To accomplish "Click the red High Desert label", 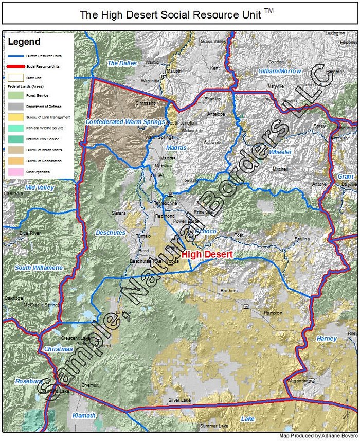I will coord(207,254).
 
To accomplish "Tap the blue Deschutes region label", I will coord(110,233).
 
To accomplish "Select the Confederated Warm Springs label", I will coord(125,122).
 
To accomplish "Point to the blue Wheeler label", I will coord(280,152).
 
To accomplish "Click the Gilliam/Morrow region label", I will coord(280,70).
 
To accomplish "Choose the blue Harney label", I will coord(327,339).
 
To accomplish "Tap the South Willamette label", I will coord(39,268).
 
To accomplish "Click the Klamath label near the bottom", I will coord(83,415).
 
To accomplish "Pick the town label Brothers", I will coord(229,291).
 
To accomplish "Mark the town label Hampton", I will coord(273,313).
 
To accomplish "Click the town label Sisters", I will coord(118,213).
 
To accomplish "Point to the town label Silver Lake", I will coord(179,400).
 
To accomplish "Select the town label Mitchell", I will coord(280,169).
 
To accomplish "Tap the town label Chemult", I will coord(90,384).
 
